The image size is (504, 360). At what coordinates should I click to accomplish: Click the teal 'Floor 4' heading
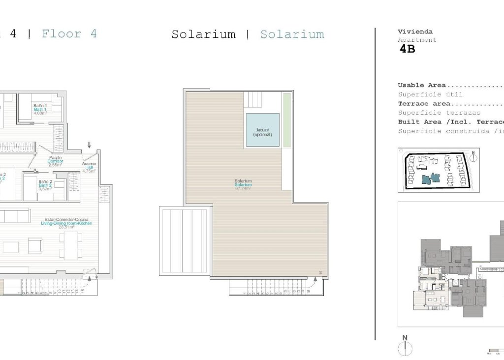click(x=69, y=34)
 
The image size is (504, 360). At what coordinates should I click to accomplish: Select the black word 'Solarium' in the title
click(x=203, y=34)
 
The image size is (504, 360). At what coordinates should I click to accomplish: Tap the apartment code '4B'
click(x=408, y=49)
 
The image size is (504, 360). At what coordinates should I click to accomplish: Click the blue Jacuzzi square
click(x=262, y=130)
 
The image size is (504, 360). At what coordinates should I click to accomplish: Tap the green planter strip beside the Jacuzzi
click(x=286, y=120)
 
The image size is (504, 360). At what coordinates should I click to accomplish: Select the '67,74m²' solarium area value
click(x=243, y=188)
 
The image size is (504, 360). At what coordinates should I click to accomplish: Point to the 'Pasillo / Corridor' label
click(x=56, y=161)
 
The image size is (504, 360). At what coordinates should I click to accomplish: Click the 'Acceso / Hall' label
click(x=89, y=167)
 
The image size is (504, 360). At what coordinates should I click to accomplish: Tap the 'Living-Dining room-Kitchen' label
click(x=66, y=223)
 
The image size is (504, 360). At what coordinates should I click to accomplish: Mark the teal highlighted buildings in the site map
click(x=429, y=178)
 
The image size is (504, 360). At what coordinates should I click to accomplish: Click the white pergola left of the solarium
click(x=185, y=240)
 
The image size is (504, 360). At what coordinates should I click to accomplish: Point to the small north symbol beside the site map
click(x=473, y=156)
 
